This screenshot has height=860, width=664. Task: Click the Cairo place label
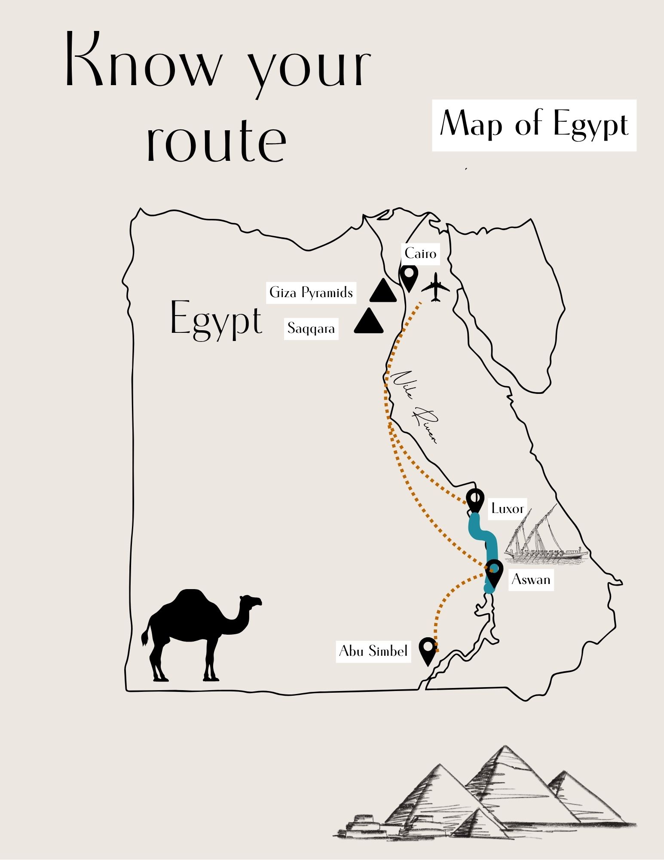(420, 253)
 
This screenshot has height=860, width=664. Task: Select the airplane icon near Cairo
(436, 287)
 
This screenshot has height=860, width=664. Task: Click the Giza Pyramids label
(311, 293)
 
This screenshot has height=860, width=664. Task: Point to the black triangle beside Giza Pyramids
(383, 292)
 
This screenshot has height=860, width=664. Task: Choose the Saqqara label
(311, 329)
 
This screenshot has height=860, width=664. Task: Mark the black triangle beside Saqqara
(369, 322)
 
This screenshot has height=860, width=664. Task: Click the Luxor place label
(507, 509)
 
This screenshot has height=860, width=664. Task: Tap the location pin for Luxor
(475, 500)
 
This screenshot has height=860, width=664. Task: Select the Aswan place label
(531, 580)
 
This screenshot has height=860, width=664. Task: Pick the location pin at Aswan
(494, 572)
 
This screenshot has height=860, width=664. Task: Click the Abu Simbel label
(373, 651)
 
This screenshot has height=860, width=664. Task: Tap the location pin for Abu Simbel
(428, 649)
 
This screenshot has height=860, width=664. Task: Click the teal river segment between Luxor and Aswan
(483, 535)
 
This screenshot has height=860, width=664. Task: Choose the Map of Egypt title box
(534, 125)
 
